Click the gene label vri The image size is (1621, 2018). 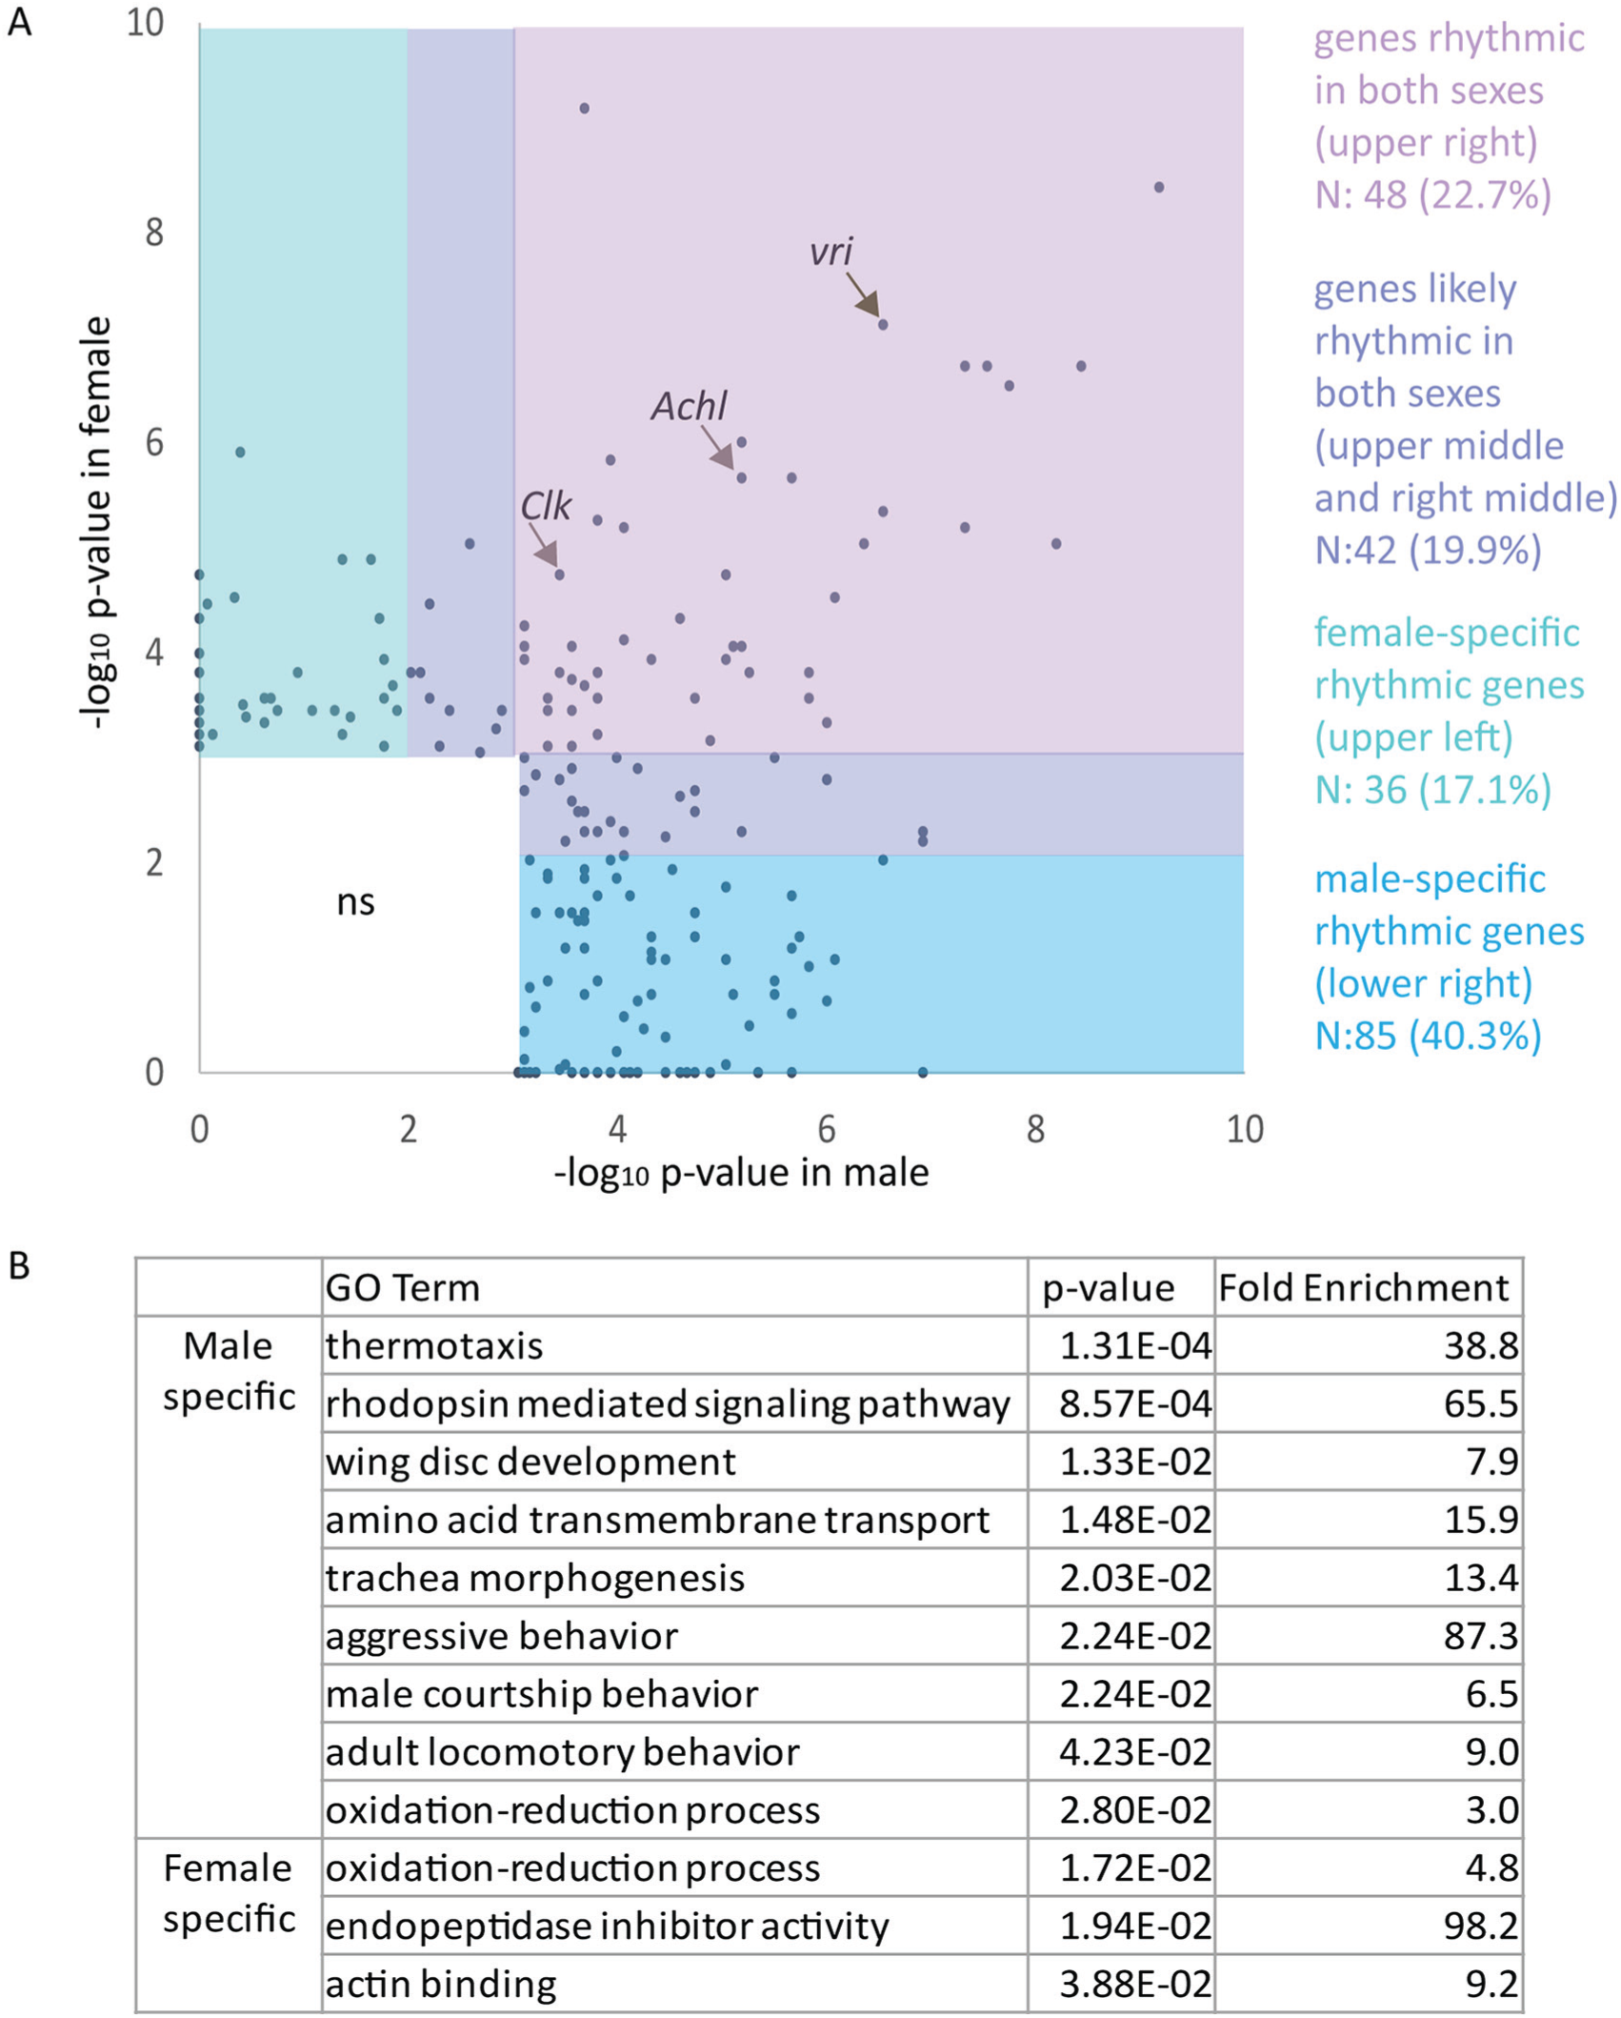pyautogui.click(x=831, y=252)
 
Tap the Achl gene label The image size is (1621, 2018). pyautogui.click(x=689, y=407)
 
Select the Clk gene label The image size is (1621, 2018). pyautogui.click(x=545, y=506)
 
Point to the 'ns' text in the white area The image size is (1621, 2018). pyautogui.click(x=355, y=902)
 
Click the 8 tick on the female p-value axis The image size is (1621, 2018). pyautogui.click(x=154, y=232)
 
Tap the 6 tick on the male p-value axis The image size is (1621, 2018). pyautogui.click(x=827, y=1129)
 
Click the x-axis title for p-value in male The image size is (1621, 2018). pyautogui.click(x=741, y=1173)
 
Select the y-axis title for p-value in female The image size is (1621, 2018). pyautogui.click(x=99, y=524)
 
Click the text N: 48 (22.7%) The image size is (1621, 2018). pyautogui.click(x=1432, y=194)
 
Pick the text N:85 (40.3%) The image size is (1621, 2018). pyautogui.click(x=1428, y=1036)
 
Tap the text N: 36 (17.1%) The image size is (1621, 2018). pyautogui.click(x=1432, y=790)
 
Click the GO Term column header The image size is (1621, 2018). pyautogui.click(x=402, y=1288)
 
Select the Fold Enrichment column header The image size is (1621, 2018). pyautogui.click(x=1364, y=1288)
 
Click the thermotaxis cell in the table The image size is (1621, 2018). pyautogui.click(x=434, y=1346)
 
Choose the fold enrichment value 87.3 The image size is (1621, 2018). pyautogui.click(x=1481, y=1636)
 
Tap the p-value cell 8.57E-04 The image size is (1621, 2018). pyautogui.click(x=1135, y=1403)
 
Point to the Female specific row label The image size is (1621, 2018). pyautogui.click(x=229, y=1894)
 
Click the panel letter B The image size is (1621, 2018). pyautogui.click(x=19, y=1266)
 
